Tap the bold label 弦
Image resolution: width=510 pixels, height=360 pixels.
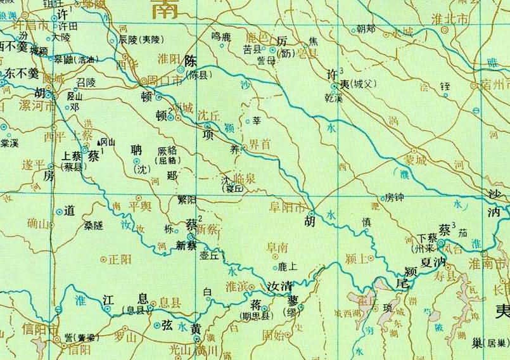(x=167, y=326)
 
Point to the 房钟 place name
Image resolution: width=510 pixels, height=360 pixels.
(x=394, y=198)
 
